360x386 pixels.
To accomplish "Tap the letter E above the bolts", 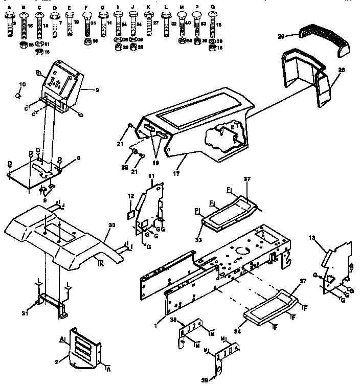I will tap(69, 8).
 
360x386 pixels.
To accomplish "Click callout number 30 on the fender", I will tap(111, 225).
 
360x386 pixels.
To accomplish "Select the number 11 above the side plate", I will tap(151, 176).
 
